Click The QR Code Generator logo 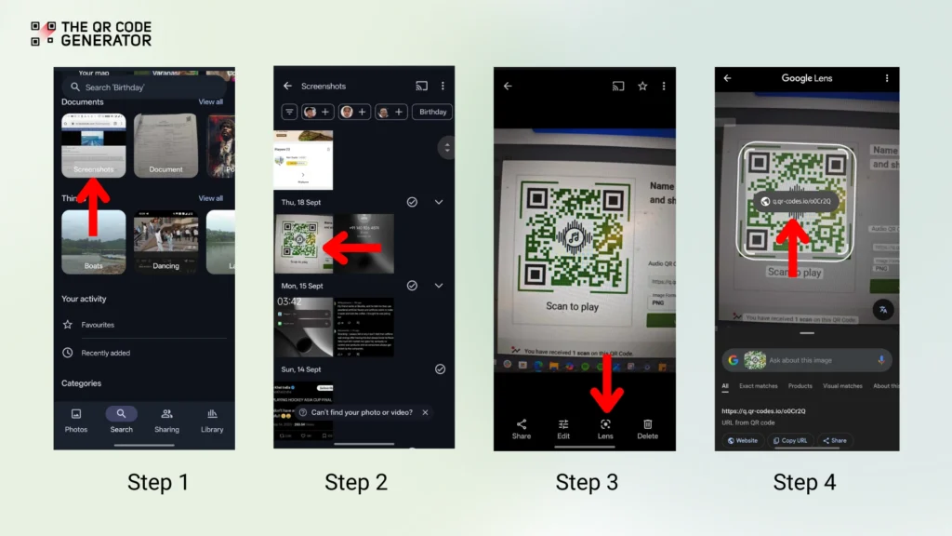(x=90, y=33)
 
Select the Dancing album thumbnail (x=165, y=240)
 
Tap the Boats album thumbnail (x=93, y=240)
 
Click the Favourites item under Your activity (x=97, y=325)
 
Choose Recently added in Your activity (x=105, y=353)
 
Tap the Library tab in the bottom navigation (x=212, y=420)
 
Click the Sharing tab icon (x=166, y=414)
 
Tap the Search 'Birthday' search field (x=144, y=87)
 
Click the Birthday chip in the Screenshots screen (x=432, y=112)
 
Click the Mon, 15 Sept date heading (x=302, y=286)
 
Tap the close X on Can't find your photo (x=425, y=412)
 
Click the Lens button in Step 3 (x=605, y=428)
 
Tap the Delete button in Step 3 (x=647, y=428)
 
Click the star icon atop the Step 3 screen (x=641, y=86)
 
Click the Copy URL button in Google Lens (x=789, y=440)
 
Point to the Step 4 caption (x=804, y=482)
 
